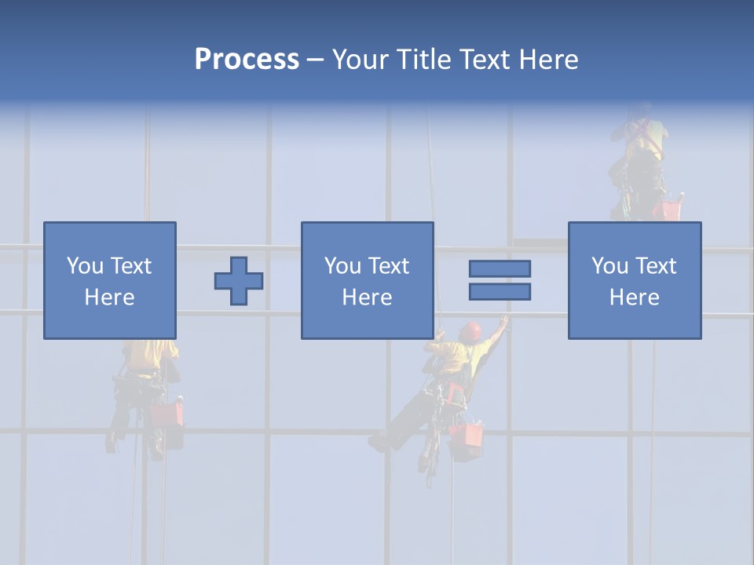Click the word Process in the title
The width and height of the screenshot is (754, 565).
[x=247, y=60]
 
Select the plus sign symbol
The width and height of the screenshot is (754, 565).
[x=239, y=281]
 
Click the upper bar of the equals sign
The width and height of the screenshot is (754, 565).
[x=500, y=269]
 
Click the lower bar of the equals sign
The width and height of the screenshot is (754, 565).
[x=500, y=291]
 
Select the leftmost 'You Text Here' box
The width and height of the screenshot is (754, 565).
[x=110, y=280]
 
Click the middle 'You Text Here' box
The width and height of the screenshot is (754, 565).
[x=367, y=280]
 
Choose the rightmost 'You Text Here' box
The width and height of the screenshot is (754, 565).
[x=635, y=280]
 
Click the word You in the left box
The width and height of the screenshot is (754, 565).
[x=83, y=266]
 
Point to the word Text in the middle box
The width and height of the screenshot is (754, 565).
[x=388, y=266]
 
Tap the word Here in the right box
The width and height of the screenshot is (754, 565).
[x=635, y=297]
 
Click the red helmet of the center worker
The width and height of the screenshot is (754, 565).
[x=471, y=330]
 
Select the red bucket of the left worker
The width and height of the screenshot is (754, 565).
[x=167, y=414]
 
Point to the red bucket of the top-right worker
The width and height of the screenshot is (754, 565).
[x=672, y=210]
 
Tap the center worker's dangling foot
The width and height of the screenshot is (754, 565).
[x=379, y=444]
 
